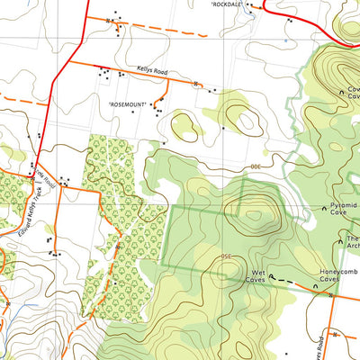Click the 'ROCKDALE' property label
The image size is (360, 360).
coord(226,4)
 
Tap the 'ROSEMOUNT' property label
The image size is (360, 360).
coord(129,104)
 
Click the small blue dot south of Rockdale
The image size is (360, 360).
coord(284,40)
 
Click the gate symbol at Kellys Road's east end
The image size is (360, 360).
coord(196,83)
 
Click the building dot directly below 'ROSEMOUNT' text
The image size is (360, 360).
coord(133,112)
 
